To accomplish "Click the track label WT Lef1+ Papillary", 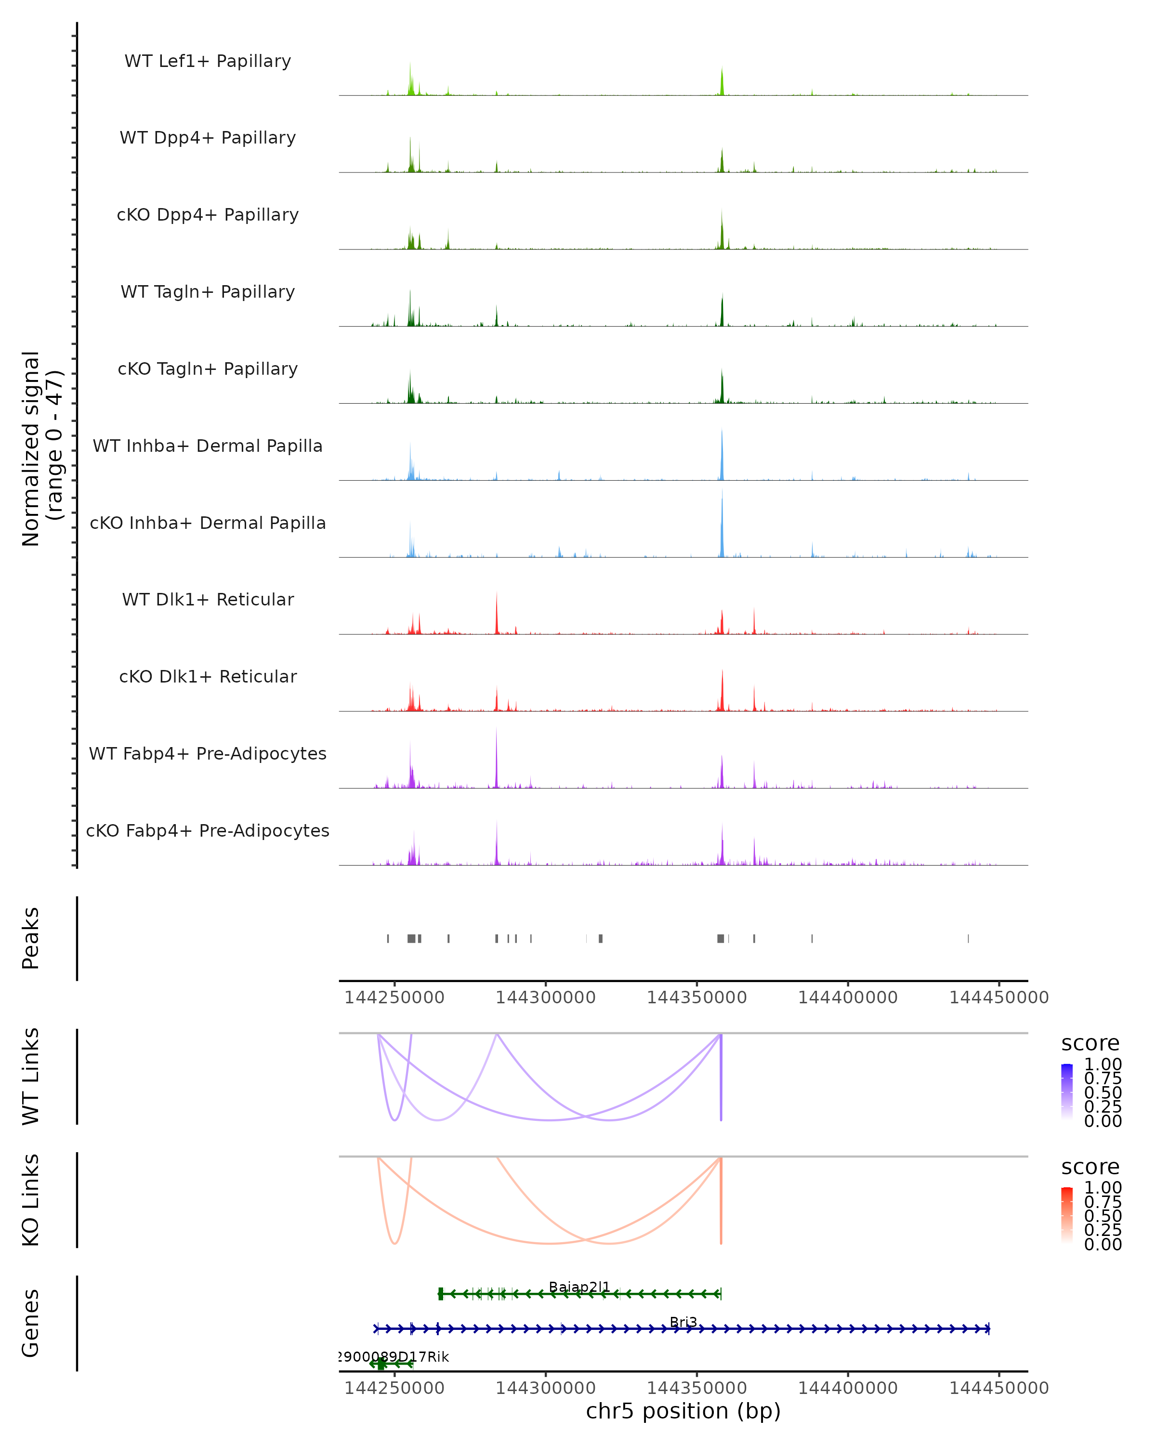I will coord(208,61).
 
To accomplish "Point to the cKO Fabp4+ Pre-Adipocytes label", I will coord(208,830).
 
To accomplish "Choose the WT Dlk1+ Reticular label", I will coord(208,599).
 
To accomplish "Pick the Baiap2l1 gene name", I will coord(579,1287).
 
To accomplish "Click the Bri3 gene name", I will coord(683,1322).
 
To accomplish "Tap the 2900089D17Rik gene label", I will coord(394,1356).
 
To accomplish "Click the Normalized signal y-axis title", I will coord(41,448).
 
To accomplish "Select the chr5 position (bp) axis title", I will coord(683,1411).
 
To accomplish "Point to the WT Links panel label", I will coord(31,1077).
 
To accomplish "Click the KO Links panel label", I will coord(31,1200).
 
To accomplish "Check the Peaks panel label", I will coord(31,938).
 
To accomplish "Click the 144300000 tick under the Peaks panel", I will coord(546,998).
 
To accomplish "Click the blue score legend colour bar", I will coord(1067,1091).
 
